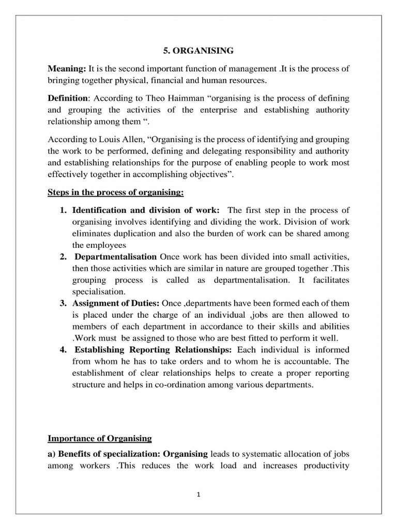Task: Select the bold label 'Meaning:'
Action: click(x=67, y=68)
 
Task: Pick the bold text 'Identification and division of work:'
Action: click(x=146, y=210)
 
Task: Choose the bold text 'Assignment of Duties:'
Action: click(x=116, y=303)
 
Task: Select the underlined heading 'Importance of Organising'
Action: click(x=100, y=439)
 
